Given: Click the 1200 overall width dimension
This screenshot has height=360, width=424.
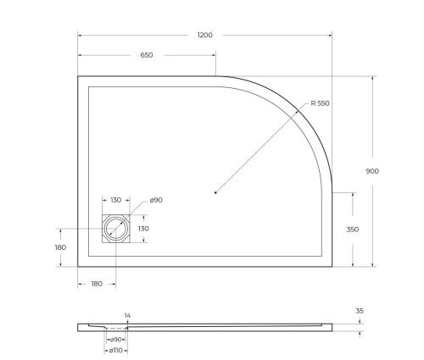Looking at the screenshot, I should point(204,36).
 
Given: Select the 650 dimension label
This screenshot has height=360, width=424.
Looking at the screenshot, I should point(147,55).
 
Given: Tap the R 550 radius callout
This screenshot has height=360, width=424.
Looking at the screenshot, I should point(320,103).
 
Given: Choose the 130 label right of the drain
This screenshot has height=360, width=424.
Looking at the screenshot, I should point(144,229).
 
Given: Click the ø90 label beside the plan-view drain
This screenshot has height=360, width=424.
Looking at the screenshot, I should point(155,201).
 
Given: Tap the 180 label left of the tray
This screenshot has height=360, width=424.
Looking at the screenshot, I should point(59,247).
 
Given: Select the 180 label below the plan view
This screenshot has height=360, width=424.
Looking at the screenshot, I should point(96,283).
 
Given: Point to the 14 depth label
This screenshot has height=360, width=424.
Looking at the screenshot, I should point(127,315).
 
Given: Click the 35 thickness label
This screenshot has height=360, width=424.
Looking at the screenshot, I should point(360,311).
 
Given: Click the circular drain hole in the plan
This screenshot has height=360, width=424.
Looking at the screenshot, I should point(115,229).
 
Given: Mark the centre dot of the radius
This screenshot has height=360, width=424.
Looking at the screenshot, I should point(216,193).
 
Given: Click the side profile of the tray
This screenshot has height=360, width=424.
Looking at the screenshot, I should point(212,325).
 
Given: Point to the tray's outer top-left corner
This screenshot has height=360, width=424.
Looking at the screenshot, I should point(79,77).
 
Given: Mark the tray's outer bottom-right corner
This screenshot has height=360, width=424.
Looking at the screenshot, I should point(332,265).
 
